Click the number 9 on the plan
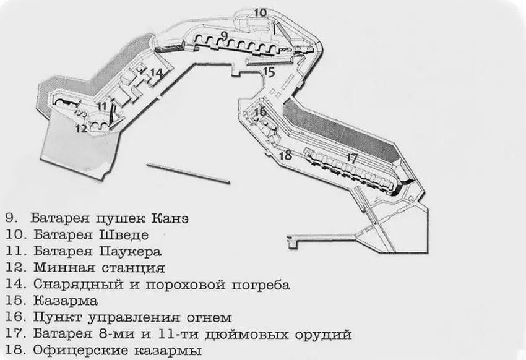coord(225,35)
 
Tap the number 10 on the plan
coord(261,13)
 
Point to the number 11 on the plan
coord(101,106)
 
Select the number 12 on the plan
coord(81,128)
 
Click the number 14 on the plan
coord(157,72)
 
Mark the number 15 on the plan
coord(269,72)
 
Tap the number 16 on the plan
coord(260,111)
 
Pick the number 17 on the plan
coord(351,158)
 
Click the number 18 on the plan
coord(285,155)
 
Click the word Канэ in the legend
coord(170,218)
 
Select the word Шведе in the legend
coord(124,234)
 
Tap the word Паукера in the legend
coord(131,251)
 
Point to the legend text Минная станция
coord(99,268)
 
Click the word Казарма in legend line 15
coord(66,301)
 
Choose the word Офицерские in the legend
coord(80,351)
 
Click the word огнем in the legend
coord(209,318)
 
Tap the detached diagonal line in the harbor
coord(188,173)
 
